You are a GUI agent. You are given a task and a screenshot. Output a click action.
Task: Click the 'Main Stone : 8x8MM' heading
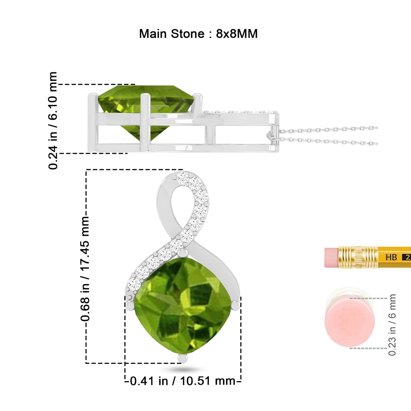[198, 34]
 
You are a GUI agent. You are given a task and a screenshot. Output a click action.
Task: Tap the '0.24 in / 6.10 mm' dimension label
[53, 121]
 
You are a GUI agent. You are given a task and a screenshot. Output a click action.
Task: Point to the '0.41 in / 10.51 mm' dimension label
[183, 381]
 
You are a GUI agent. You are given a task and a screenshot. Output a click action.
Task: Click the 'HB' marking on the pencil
[391, 257]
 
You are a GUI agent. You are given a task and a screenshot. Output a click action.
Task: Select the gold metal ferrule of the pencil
[358, 257]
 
